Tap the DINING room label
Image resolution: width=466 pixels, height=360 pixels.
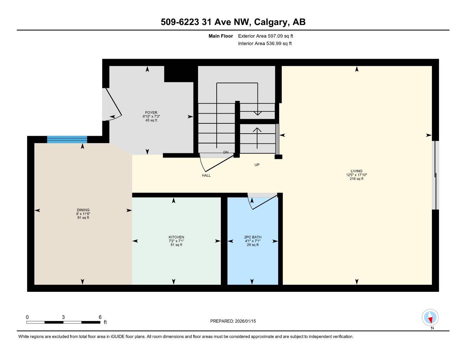(x=83, y=210)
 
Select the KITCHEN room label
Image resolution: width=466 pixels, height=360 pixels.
(x=176, y=237)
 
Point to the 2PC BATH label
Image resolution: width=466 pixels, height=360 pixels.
(x=253, y=237)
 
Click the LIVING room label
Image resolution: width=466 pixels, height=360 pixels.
(x=357, y=171)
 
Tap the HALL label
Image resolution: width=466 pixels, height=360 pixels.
(x=206, y=175)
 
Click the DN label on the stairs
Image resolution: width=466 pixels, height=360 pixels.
(x=226, y=153)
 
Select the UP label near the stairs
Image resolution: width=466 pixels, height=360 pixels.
(x=257, y=165)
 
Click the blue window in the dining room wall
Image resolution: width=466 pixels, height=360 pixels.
(x=67, y=140)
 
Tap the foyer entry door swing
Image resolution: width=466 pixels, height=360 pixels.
(x=113, y=104)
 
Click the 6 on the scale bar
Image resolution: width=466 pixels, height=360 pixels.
(x=100, y=317)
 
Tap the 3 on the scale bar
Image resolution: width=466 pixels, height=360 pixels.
(x=63, y=317)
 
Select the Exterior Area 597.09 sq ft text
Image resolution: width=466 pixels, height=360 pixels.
(x=266, y=36)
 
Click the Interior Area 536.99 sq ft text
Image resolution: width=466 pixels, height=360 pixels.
(x=265, y=44)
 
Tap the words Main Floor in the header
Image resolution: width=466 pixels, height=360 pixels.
(x=221, y=36)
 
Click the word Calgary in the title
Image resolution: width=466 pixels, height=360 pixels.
(x=271, y=22)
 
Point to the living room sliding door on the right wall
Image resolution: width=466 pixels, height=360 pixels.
(x=435, y=175)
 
